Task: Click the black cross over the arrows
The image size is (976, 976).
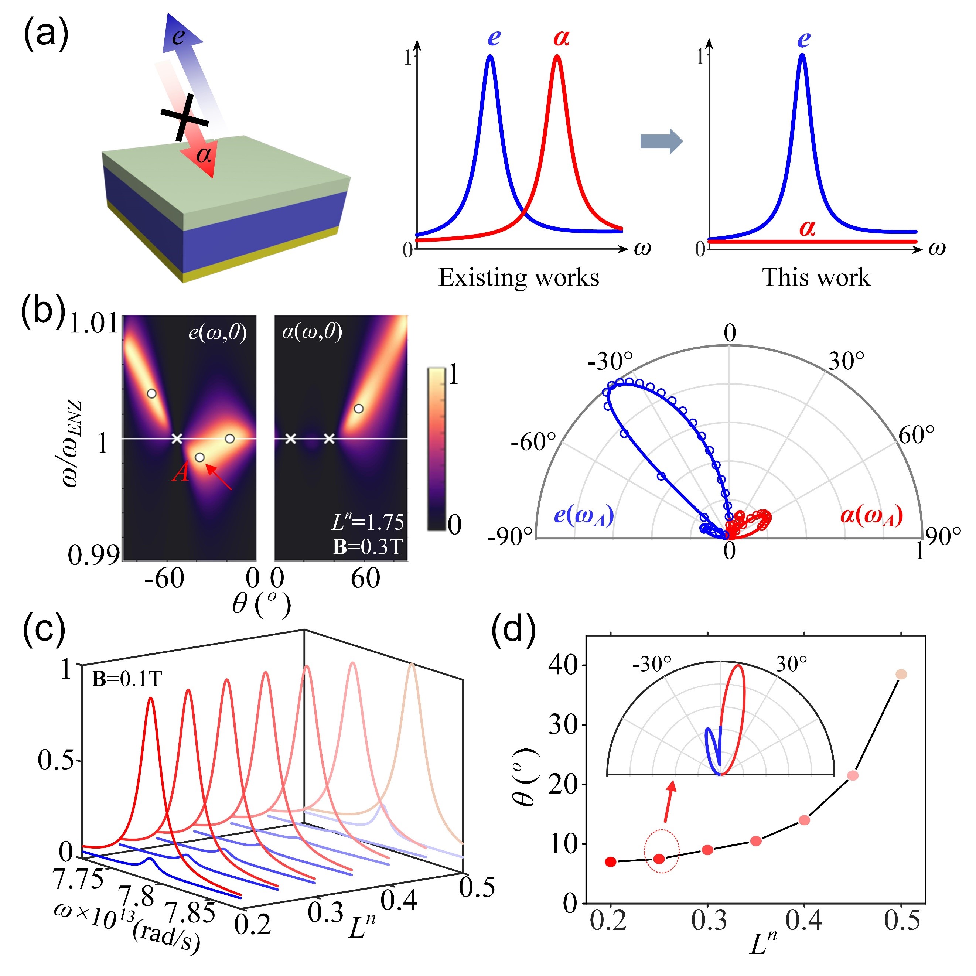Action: (184, 117)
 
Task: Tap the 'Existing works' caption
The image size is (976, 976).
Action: (518, 277)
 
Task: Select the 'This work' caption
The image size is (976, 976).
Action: (816, 277)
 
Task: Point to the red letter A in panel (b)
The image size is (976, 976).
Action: (180, 472)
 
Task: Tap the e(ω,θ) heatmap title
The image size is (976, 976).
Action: (217, 333)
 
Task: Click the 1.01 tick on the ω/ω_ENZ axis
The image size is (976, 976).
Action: (94, 323)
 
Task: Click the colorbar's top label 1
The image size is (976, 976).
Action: (454, 375)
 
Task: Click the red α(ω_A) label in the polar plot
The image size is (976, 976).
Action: (871, 515)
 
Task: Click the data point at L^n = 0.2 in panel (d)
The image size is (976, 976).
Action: (611, 862)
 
